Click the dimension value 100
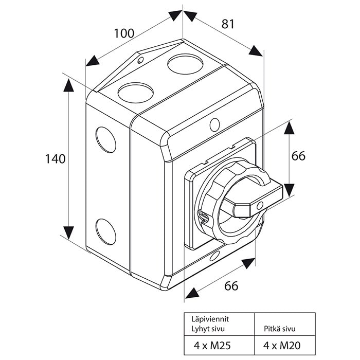coord(124,33)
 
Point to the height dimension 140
coord(55,159)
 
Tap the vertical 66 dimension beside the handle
coord(298,156)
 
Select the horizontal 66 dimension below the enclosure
coord(231,286)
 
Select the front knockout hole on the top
coord(136,93)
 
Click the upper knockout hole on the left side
coord(105,139)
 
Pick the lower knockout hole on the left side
coord(105,232)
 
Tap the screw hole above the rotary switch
coord(215,124)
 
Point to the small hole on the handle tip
coord(260,206)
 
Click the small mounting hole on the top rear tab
coord(140,61)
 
